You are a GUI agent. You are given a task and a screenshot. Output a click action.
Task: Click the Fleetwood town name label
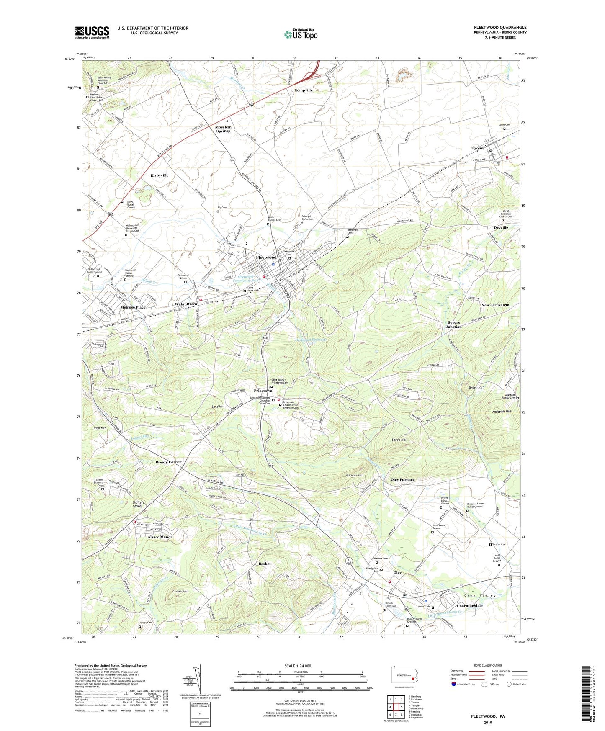(266, 257)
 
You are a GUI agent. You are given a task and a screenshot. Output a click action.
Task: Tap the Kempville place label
(303, 90)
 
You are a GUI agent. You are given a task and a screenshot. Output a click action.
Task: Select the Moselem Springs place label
(223, 129)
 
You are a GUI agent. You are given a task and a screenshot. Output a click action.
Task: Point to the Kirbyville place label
(160, 175)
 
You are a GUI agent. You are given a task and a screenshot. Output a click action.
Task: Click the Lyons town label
(477, 148)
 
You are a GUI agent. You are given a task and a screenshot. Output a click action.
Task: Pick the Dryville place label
(501, 227)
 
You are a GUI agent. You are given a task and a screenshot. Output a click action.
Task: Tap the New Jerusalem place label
(495, 305)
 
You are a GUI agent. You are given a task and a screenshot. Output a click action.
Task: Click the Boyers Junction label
(453, 324)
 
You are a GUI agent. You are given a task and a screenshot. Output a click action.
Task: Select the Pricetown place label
(263, 391)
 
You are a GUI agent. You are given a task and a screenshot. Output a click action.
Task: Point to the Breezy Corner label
(168, 462)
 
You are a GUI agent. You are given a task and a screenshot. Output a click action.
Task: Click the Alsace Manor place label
(160, 537)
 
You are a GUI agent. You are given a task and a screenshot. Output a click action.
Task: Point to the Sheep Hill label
(399, 440)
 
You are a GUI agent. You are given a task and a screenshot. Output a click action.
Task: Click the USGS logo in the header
(92, 32)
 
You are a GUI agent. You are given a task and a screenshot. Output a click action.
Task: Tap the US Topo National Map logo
(301, 34)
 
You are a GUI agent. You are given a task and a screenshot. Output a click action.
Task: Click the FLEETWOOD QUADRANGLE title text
(500, 28)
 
